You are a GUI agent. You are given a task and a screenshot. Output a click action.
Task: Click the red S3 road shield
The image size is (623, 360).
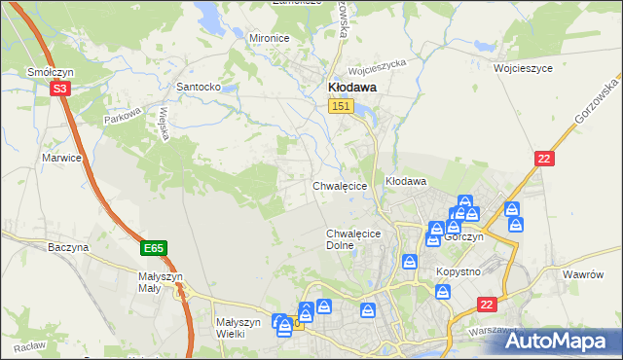(x=60, y=89)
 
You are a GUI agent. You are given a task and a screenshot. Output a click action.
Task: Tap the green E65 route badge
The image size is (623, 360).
(x=153, y=249)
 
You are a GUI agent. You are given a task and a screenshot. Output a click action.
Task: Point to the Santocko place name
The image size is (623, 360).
(x=199, y=87)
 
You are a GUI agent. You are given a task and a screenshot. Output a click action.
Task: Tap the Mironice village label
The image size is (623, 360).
(x=270, y=38)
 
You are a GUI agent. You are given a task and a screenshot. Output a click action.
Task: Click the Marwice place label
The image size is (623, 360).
(x=61, y=157)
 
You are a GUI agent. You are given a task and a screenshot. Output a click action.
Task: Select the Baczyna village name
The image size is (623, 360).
(x=68, y=247)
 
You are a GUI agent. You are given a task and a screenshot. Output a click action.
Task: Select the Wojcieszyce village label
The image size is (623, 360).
(x=523, y=69)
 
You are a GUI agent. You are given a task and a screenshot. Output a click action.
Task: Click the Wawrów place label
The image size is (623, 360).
(x=586, y=274)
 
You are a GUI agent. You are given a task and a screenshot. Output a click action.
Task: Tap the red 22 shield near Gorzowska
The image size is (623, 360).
(x=545, y=158)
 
